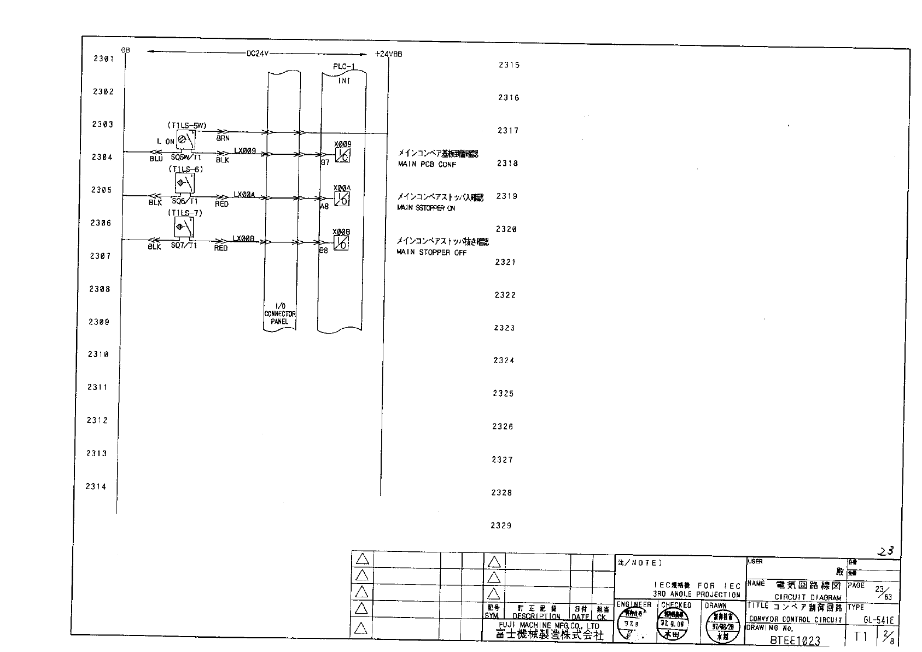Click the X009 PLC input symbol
(x=343, y=155)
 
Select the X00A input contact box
(x=342, y=199)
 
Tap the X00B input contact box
(x=342, y=243)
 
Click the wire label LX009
(x=245, y=150)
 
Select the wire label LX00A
(x=244, y=194)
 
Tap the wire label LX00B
(x=244, y=238)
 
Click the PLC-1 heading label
(x=344, y=67)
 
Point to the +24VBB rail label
(x=389, y=54)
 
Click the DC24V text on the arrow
(x=257, y=54)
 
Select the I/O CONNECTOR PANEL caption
(x=279, y=314)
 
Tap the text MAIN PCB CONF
(x=427, y=165)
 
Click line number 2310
(x=98, y=354)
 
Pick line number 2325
(x=503, y=393)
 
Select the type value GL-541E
(x=878, y=620)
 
